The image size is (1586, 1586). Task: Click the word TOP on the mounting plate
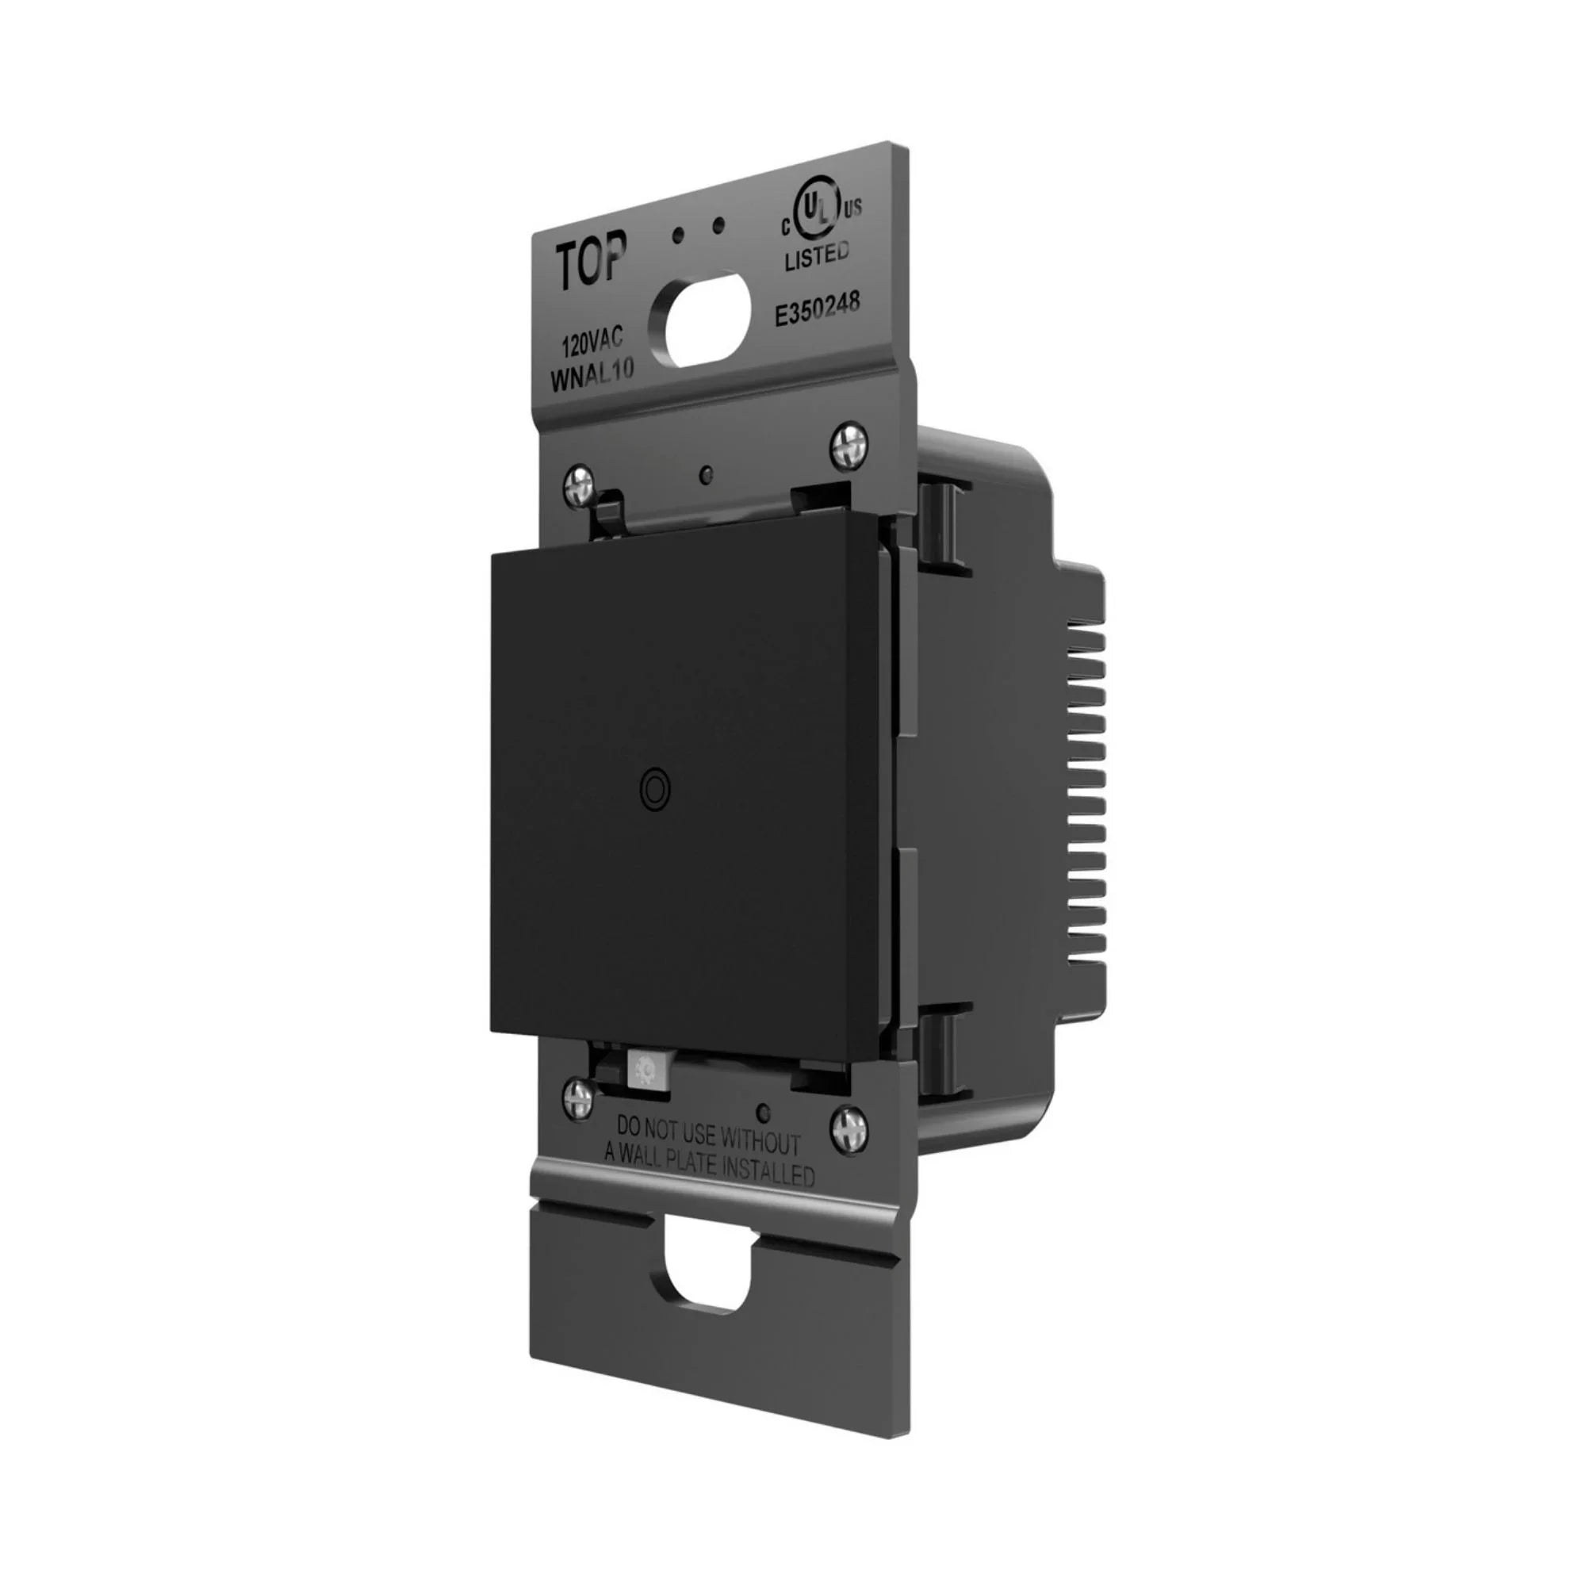point(592,260)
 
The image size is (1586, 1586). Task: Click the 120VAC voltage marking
point(592,339)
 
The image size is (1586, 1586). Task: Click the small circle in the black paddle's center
point(653,785)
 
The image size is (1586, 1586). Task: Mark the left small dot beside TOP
point(678,236)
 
